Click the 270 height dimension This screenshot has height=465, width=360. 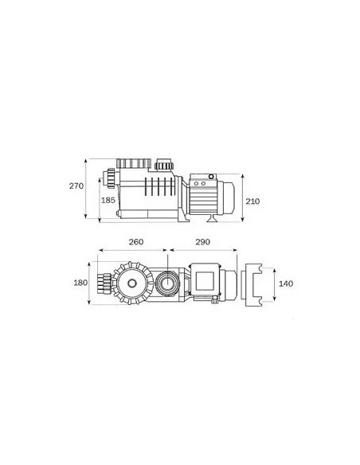pos(76,186)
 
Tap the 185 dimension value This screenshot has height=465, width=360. pos(108,200)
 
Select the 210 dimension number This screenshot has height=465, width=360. pos(252,201)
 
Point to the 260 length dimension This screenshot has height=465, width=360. pos(136,242)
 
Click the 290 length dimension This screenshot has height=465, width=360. pos(202,242)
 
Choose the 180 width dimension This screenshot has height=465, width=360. pos(80,283)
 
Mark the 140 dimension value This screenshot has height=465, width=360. pos(286,283)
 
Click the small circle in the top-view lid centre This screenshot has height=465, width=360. pos(132,283)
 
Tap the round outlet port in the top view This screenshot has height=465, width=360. pos(167,283)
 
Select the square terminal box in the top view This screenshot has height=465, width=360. pos(205,280)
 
